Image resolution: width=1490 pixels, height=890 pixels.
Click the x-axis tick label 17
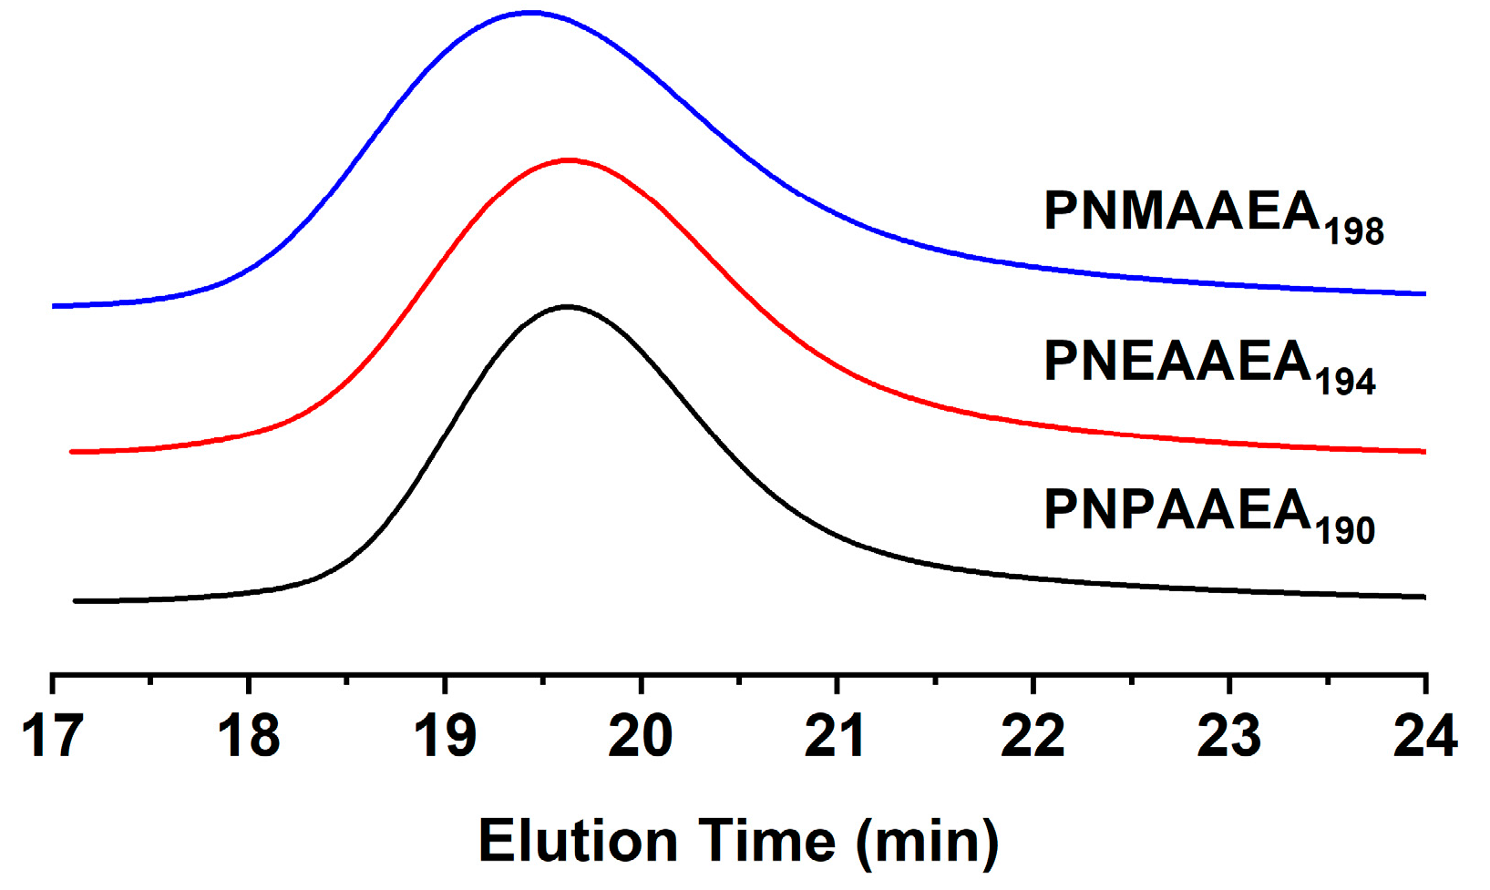coord(52,736)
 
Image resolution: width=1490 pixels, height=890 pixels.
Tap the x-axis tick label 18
coord(249,736)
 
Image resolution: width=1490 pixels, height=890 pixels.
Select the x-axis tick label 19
coord(445,736)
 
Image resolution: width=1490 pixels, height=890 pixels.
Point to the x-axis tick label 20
coord(641,736)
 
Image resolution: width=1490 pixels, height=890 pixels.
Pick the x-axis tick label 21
coord(837,736)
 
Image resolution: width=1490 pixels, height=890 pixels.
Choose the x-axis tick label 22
coord(1033,736)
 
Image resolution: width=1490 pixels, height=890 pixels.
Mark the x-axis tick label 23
coord(1229,736)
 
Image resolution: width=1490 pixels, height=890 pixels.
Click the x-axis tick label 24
coord(1425,736)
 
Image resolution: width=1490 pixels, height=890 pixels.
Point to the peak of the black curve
coord(568,307)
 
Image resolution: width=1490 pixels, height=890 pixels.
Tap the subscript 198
coord(1354,233)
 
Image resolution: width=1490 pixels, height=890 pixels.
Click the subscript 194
coord(1345,383)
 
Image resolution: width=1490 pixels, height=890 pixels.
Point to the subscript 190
coord(1345,531)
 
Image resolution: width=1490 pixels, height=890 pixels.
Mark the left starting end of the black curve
coord(76,601)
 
